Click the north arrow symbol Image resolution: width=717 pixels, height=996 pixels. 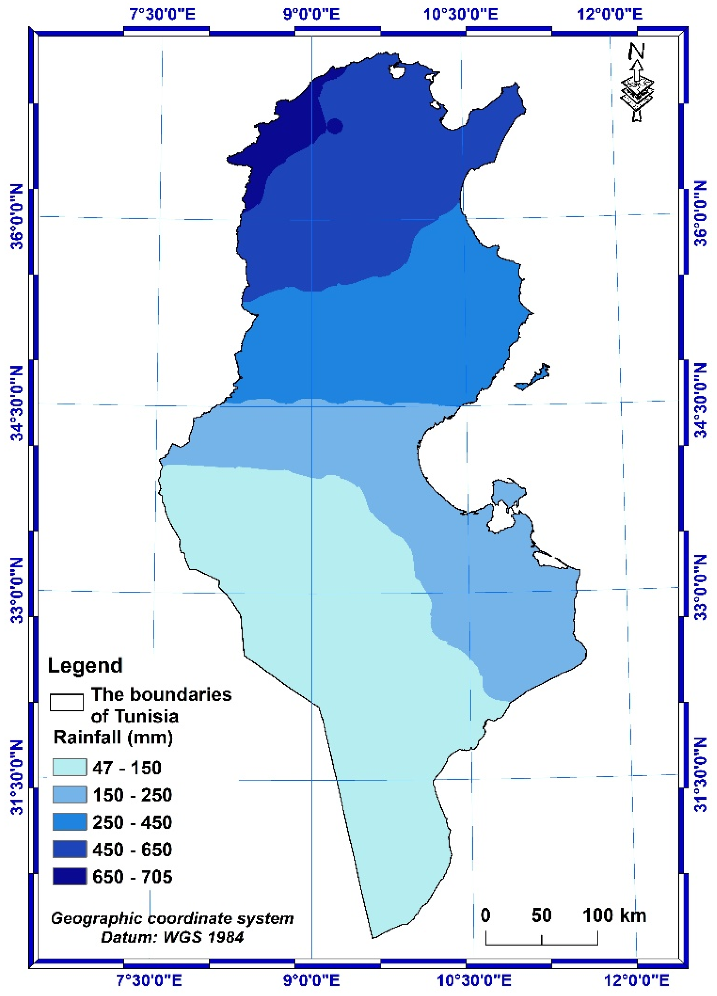coord(637,83)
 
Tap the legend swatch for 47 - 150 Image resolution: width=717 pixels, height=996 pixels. coord(69,767)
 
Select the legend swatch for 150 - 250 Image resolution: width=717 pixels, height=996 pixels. coord(69,795)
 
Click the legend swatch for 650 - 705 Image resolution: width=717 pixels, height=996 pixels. coord(69,877)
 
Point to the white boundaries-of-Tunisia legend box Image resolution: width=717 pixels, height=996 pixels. coord(66,702)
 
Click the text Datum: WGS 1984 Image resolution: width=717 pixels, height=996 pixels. coord(172,938)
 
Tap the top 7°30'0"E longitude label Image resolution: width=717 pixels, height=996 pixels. coord(162,14)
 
